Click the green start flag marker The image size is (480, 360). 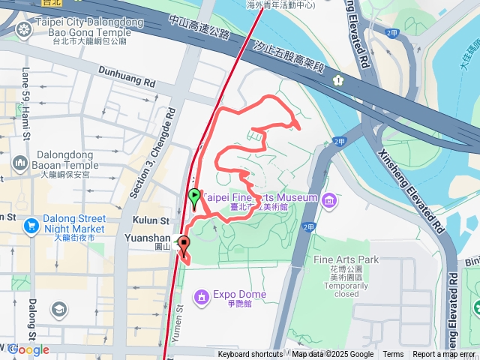pos(194,198)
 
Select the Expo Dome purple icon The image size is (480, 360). pos(201,298)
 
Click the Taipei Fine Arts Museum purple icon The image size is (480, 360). pos(328,199)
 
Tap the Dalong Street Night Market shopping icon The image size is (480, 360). pos(31,225)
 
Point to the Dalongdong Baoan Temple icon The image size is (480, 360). pos(20,162)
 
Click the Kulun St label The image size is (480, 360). pos(153,220)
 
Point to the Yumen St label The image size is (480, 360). pos(178,319)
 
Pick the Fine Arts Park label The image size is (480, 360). pos(334,259)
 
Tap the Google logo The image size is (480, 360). pos(28,349)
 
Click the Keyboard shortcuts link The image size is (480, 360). pos(250,355)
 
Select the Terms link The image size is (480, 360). pos(393,355)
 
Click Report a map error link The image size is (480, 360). pos(444,355)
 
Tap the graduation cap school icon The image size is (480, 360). pos(58,309)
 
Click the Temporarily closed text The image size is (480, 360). pos(335,290)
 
